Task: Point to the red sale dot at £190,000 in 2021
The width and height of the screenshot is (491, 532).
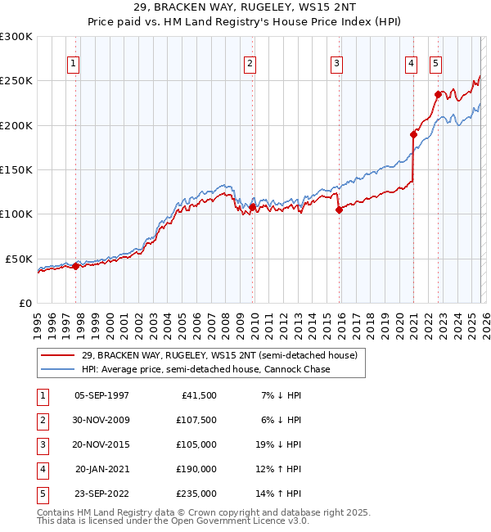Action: (x=414, y=133)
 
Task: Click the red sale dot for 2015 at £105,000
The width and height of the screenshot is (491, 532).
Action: (x=339, y=210)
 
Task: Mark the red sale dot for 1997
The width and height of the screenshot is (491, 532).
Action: (x=75, y=266)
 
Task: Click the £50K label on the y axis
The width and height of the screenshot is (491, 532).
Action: (x=19, y=259)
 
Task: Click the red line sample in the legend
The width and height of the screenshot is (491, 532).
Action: (x=58, y=356)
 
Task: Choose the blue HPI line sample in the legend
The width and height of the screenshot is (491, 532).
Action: (x=58, y=369)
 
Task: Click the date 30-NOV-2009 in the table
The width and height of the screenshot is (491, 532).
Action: (x=101, y=420)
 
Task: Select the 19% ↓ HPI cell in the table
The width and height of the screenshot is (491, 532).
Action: (x=278, y=444)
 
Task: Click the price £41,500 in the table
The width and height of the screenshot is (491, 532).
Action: (x=196, y=395)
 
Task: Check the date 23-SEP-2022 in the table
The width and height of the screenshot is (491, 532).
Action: (x=101, y=494)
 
